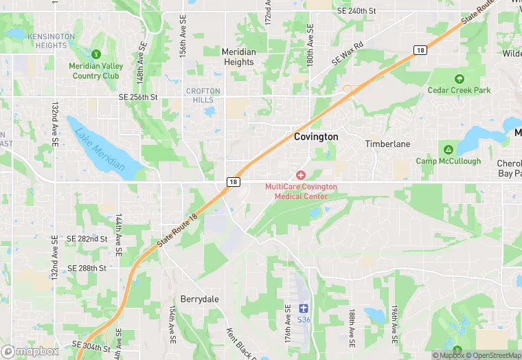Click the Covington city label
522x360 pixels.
pos(316,137)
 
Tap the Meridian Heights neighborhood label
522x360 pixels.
pos(238,57)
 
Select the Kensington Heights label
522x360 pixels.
pos(52,41)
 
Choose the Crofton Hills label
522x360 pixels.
pos(203,95)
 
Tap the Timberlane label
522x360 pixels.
pos(387,144)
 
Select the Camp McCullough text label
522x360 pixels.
pos(448,161)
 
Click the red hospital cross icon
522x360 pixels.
pos(301,176)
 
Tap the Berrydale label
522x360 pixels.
pos(198,299)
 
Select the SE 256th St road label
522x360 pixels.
pos(138,98)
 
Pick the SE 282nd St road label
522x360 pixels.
pos(87,238)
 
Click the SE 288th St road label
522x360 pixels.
pos(87,268)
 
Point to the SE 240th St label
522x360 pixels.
pos(357,11)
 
